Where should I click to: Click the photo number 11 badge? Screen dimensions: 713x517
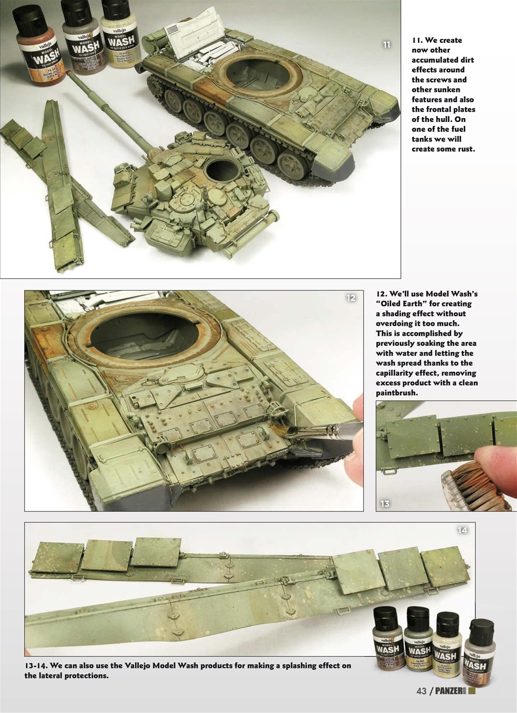tap(385, 45)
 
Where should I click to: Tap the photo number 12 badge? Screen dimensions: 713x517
tap(351, 298)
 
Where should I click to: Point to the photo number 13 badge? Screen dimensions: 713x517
tap(385, 504)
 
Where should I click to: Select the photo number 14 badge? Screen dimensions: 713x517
tap(462, 530)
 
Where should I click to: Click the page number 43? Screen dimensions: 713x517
tap(422, 691)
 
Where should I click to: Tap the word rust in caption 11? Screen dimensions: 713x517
tap(465, 149)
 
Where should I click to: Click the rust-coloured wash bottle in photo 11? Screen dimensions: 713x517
tap(39, 47)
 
